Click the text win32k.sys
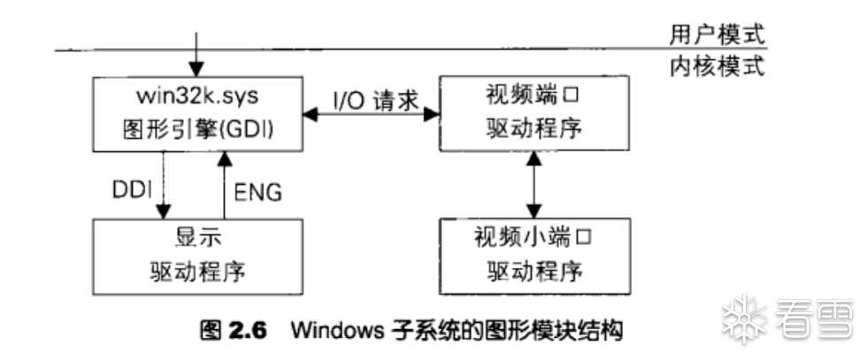(x=196, y=94)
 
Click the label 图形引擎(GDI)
(x=196, y=129)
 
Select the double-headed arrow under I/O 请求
(x=371, y=113)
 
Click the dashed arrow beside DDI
(x=164, y=186)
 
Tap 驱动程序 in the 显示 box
(x=196, y=272)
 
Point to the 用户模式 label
(x=717, y=34)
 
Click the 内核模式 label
(x=717, y=66)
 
